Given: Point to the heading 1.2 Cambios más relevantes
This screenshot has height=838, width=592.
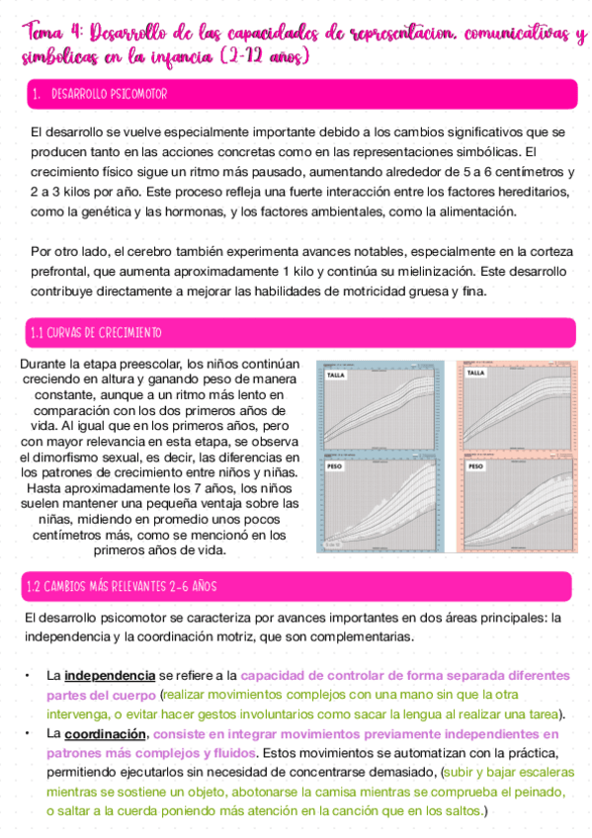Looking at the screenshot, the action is (x=122, y=587).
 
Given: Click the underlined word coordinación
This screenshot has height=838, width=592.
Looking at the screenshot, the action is (x=106, y=734).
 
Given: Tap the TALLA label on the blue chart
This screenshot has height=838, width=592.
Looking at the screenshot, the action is (x=338, y=376).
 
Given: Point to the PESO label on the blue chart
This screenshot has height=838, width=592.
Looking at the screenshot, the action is (x=337, y=464).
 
